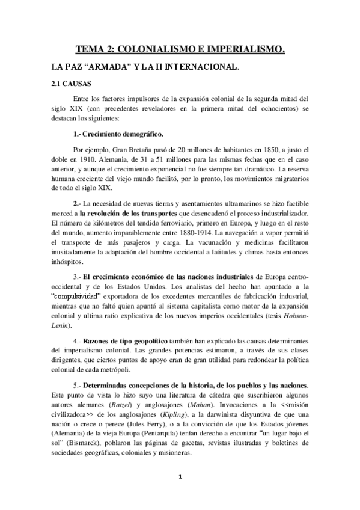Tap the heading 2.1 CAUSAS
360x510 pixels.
click(x=71, y=84)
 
